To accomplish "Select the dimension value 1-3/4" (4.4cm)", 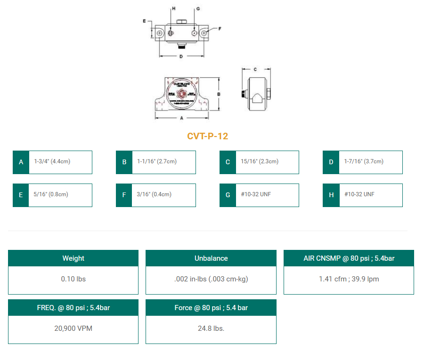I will coord(52,162).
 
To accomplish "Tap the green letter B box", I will coord(124,162).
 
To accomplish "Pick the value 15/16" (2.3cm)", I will coord(260,162).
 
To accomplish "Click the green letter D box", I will coord(331,162).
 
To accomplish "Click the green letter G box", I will coord(228,195).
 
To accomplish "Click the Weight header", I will coord(73,258).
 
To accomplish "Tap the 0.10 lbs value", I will coord(73,279).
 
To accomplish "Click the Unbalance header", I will coord(211,258).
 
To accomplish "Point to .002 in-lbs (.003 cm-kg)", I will coord(211,279).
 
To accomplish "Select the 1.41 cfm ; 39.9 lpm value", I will coord(349,279).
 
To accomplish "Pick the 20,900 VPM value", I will coord(73,328).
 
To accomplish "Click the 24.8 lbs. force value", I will coord(211,328).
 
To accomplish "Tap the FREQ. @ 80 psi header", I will coord(73,308).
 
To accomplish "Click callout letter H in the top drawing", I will coord(173,9).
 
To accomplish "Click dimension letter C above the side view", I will coord(255,69).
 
